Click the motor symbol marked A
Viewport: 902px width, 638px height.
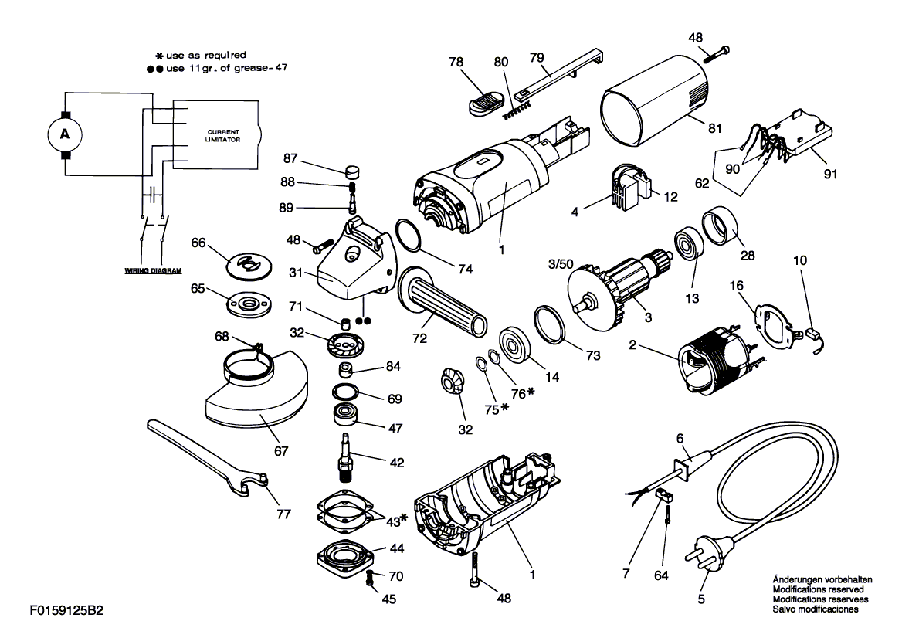click(x=65, y=134)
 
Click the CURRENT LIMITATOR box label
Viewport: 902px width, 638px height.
click(x=224, y=136)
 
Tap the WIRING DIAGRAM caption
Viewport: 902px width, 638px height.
click(x=153, y=270)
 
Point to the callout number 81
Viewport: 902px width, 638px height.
click(x=714, y=127)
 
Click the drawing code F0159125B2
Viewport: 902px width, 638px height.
click(x=66, y=610)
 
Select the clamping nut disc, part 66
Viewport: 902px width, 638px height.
click(x=250, y=265)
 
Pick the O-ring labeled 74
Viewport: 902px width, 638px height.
click(x=411, y=236)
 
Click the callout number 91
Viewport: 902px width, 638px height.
click(x=830, y=174)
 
